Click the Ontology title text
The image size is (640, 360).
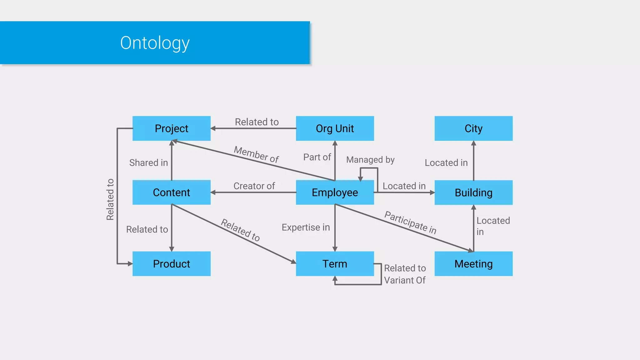(x=155, y=43)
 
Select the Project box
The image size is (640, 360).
(x=171, y=128)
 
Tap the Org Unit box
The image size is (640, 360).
(x=335, y=128)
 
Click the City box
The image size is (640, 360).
(x=473, y=128)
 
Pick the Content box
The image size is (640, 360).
(x=171, y=192)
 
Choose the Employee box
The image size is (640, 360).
(x=335, y=192)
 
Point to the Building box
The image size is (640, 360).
(x=473, y=192)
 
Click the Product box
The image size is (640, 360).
(x=171, y=264)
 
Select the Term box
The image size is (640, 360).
(x=335, y=264)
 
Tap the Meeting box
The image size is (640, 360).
(x=473, y=264)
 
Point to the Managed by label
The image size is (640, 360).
(x=370, y=160)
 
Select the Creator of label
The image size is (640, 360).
(x=254, y=186)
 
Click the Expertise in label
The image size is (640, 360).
(x=306, y=227)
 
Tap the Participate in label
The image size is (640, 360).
(x=410, y=222)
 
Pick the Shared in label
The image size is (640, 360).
(x=148, y=162)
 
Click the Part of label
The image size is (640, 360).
(x=317, y=157)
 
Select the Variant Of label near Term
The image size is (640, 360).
(x=404, y=280)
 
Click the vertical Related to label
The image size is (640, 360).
(x=110, y=199)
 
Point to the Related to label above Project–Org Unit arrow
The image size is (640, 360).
(x=257, y=122)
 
